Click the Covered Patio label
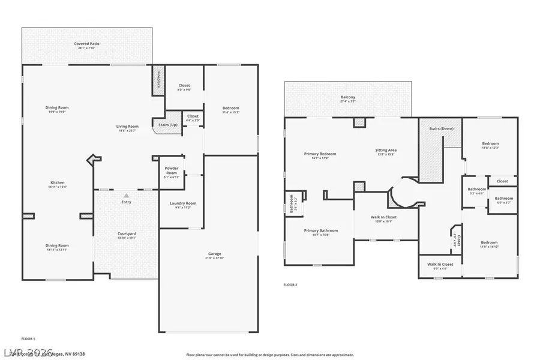click(87, 44)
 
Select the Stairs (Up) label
click(167, 125)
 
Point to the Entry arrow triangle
click(126, 195)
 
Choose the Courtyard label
click(126, 233)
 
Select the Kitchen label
click(58, 182)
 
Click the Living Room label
click(127, 127)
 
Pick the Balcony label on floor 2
click(348, 97)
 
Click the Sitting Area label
click(386, 150)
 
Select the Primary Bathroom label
click(320, 230)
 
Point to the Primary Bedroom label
click(320, 154)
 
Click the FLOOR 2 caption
click(290, 284)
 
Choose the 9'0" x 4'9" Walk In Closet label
click(440, 264)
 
